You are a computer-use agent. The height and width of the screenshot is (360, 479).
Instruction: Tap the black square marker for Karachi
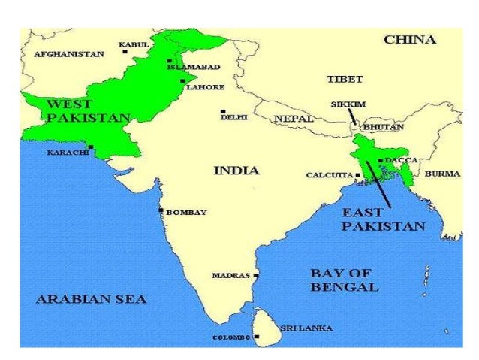pos(91,147)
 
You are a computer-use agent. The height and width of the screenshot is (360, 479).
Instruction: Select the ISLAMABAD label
pos(194,67)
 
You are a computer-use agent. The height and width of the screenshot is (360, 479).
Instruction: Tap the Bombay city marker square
pos(161,210)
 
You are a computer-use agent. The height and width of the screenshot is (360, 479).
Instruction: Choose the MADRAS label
pos(230,276)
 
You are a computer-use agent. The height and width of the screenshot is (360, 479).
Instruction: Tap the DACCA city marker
pos(381,160)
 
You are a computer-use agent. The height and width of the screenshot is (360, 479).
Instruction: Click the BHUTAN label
pos(383,127)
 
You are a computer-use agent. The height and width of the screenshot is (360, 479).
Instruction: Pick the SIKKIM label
pos(348,105)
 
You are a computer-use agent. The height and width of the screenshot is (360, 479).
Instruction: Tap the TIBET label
pos(345,78)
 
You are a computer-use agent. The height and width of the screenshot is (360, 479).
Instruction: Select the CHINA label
pos(410,39)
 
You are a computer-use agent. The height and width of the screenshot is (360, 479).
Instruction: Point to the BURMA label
pos(442,174)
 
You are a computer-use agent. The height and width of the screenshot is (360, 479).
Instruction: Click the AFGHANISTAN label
pos(69,54)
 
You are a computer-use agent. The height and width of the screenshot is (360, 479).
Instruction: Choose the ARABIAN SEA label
pos(92,299)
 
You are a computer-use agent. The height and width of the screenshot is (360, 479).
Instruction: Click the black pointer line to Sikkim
pos(351,116)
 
